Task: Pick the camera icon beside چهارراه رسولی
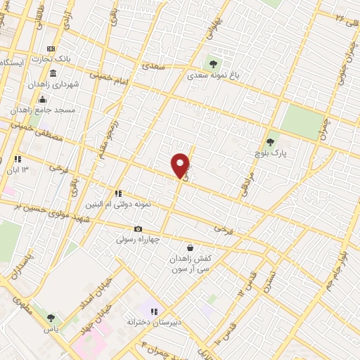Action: point(138,229)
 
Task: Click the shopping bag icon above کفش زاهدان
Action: point(191,247)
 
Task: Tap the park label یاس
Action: point(51,328)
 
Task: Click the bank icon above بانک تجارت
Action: point(51,48)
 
